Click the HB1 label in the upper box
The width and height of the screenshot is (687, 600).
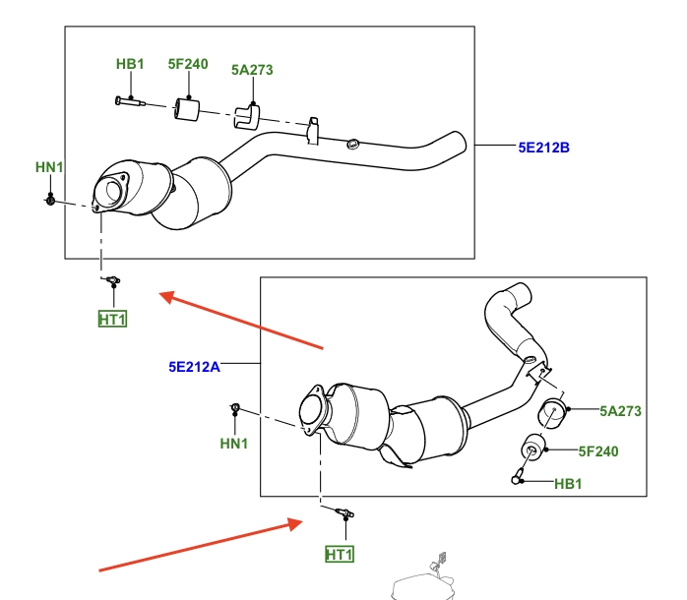coord(130,65)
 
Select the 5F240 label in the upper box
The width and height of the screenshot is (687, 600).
coord(188,65)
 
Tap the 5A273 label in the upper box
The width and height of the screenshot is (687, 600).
coord(252,70)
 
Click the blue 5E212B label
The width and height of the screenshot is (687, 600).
coord(544,149)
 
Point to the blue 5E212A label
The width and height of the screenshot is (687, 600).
coord(193,367)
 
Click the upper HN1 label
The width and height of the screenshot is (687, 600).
coord(49,167)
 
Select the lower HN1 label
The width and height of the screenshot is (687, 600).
coord(234,444)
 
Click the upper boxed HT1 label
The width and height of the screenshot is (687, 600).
coord(112,318)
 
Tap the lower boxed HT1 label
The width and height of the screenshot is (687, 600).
coord(339,555)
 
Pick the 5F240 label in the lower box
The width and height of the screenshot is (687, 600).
coord(596,451)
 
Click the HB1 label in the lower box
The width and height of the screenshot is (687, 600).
coord(569,483)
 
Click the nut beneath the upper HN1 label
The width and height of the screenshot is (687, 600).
coord(48,201)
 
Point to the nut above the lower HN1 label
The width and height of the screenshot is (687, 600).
coord(235,407)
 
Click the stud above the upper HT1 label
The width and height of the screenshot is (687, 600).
coord(112,281)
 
